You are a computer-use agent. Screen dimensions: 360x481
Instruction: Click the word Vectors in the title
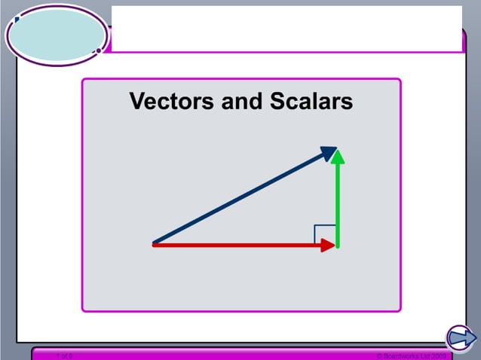coord(171,102)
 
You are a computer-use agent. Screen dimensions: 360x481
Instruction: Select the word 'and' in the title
coord(239,102)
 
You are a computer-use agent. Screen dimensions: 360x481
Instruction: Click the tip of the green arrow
coord(338,151)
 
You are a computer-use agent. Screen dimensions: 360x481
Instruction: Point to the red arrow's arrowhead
coord(328,245)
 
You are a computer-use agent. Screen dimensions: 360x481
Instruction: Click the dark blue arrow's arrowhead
coord(329,152)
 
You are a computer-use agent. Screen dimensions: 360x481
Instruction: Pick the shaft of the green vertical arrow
coord(338,203)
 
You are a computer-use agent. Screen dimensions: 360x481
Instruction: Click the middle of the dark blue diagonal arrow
coord(241,197)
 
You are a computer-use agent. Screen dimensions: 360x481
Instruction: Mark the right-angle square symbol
coord(325,233)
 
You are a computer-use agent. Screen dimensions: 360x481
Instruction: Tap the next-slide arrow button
coord(460,337)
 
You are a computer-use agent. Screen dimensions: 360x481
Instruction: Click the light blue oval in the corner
coord(57,35)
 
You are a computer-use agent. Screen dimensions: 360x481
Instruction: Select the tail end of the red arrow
coord(155,245)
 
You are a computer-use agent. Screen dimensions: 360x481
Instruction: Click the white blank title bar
coord(286,29)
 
